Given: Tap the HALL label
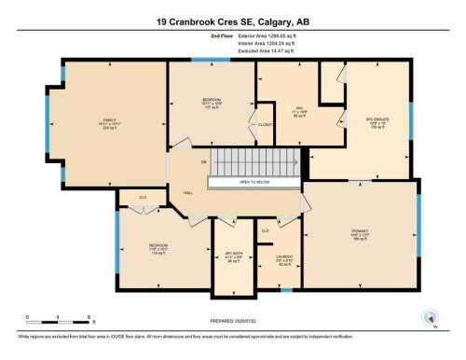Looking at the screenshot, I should coord(187,192).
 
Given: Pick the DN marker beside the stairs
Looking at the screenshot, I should coord(201,164).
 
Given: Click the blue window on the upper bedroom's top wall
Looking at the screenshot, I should coord(204,60).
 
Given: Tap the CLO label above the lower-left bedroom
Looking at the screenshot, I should coord(143,198).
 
